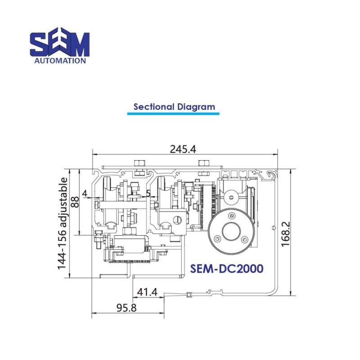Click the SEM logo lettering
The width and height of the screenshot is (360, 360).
(x=60, y=44)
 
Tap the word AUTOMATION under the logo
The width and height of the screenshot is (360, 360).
(x=60, y=60)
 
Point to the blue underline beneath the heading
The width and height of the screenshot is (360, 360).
(x=173, y=114)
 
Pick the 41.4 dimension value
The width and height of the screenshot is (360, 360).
(x=147, y=292)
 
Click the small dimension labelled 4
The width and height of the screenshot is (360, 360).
(x=85, y=195)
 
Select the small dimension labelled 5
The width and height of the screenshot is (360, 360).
(x=148, y=195)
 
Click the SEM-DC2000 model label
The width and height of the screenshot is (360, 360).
(x=227, y=268)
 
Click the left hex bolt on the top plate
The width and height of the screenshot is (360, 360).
(x=139, y=162)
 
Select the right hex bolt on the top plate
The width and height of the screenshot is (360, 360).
(x=203, y=162)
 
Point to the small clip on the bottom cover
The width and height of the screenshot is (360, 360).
(x=189, y=295)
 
